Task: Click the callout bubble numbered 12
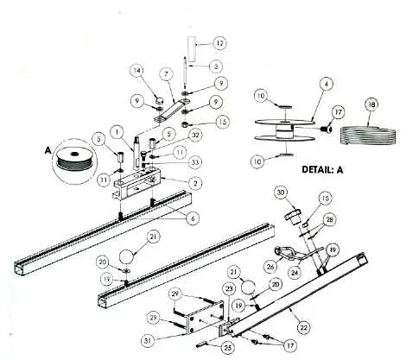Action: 219,42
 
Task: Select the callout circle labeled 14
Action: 136,70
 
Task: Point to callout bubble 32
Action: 196,135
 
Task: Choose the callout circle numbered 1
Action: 127,131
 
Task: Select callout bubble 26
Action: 270,253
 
